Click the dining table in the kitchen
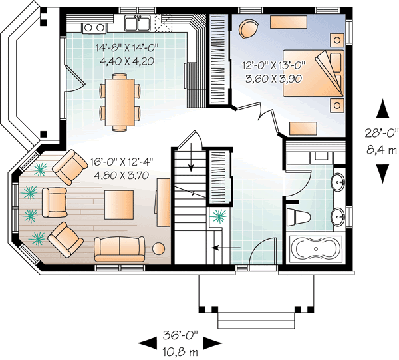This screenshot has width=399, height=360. [x=120, y=103]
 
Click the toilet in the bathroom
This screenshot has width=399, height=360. [x=298, y=216]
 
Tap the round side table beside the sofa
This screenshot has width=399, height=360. [x=159, y=248]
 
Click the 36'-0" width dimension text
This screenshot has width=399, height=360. [x=180, y=335]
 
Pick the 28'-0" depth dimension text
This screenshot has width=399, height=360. [x=382, y=132]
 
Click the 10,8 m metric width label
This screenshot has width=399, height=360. [x=180, y=349]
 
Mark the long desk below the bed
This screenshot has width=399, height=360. [x=303, y=128]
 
